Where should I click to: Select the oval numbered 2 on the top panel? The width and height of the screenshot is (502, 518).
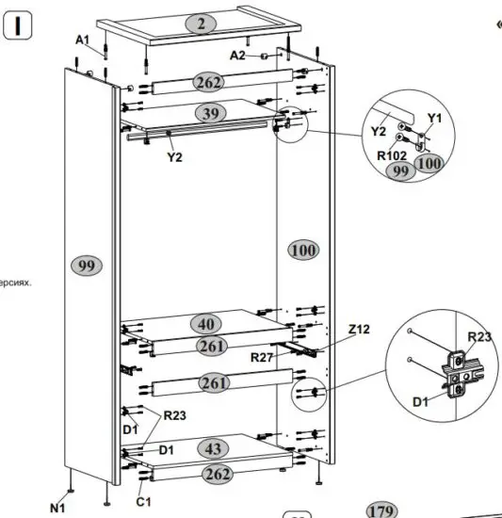201,24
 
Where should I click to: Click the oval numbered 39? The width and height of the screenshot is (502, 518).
211,113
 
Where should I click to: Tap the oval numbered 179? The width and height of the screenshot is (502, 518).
381,510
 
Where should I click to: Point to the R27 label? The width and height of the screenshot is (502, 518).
263,358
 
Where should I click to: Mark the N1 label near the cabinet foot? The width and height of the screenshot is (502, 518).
57,509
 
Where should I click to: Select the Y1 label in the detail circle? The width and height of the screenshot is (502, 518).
433,118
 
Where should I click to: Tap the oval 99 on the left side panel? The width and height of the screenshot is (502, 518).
87,267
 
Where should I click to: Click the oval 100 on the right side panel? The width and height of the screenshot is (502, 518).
303,250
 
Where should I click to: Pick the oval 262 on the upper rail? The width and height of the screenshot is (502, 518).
207,82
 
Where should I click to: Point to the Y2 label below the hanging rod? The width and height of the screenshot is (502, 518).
174,157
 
